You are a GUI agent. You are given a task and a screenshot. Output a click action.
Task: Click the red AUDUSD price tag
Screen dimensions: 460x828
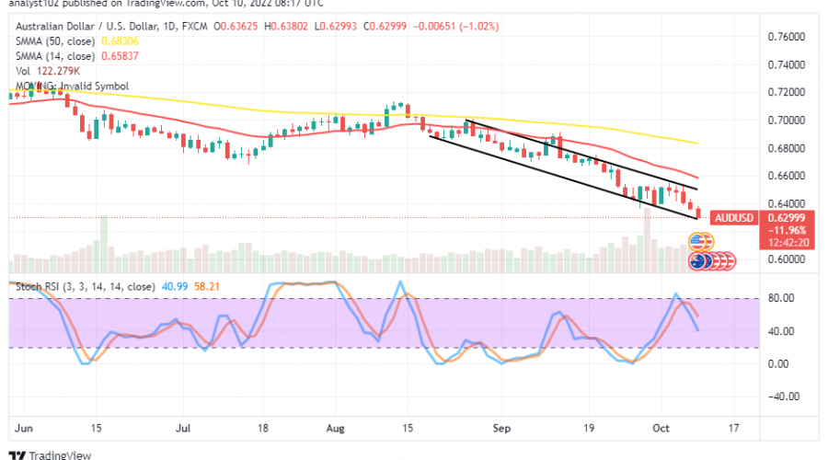734,217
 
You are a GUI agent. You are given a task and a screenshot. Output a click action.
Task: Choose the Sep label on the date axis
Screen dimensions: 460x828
500,428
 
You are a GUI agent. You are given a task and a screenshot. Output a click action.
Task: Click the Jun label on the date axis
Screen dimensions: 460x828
24,428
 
